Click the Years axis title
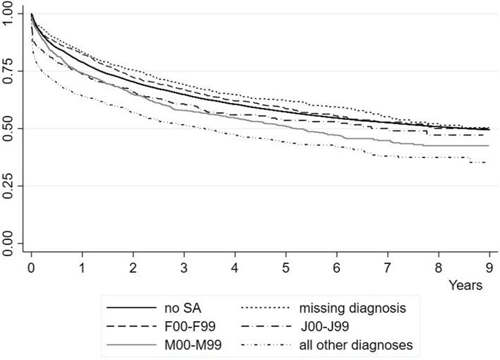[468, 286]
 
